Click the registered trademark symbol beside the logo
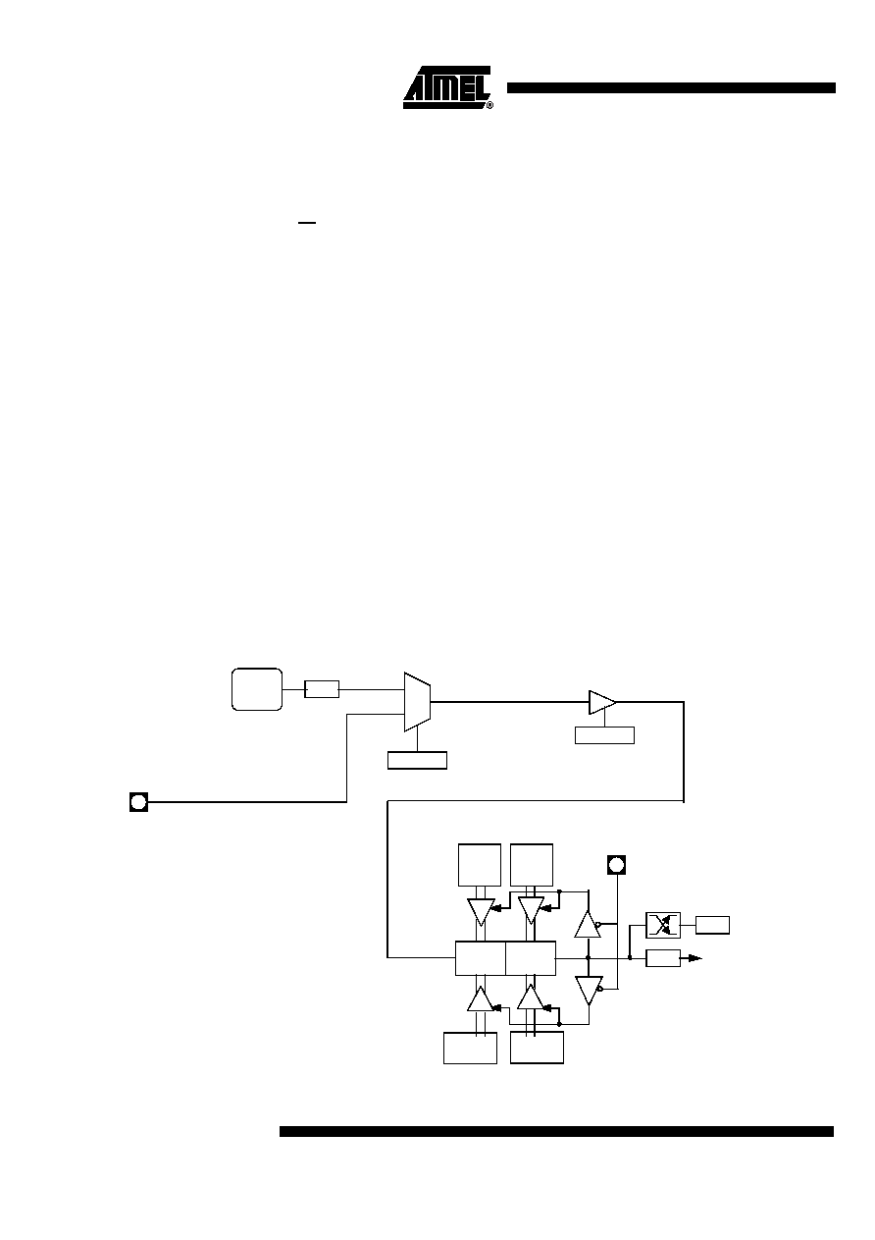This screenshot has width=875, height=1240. pos(489,105)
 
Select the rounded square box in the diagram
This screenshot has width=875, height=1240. pos(257,689)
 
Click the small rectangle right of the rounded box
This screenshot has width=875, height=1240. pos(322,689)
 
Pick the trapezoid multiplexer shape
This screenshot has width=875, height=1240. pos(417,702)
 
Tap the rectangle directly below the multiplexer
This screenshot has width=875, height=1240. pos(417,761)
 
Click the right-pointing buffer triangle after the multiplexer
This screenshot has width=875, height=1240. pos(602,702)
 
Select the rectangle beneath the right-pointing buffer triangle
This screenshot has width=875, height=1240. pos(604,735)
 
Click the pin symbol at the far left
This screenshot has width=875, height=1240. pos(139,801)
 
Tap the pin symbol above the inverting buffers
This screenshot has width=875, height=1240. pos(617,864)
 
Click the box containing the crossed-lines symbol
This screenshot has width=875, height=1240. pos(663,925)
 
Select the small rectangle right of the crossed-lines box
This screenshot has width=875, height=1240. pos(712,925)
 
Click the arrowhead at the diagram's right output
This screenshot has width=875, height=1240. pos(695,957)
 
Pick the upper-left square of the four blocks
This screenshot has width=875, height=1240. pos(480,865)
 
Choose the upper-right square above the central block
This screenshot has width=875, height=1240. pos(532,865)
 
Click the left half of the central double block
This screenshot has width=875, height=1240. pos(481,958)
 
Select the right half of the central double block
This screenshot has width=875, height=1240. pos(531,958)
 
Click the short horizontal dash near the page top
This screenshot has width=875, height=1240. pos(307,223)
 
